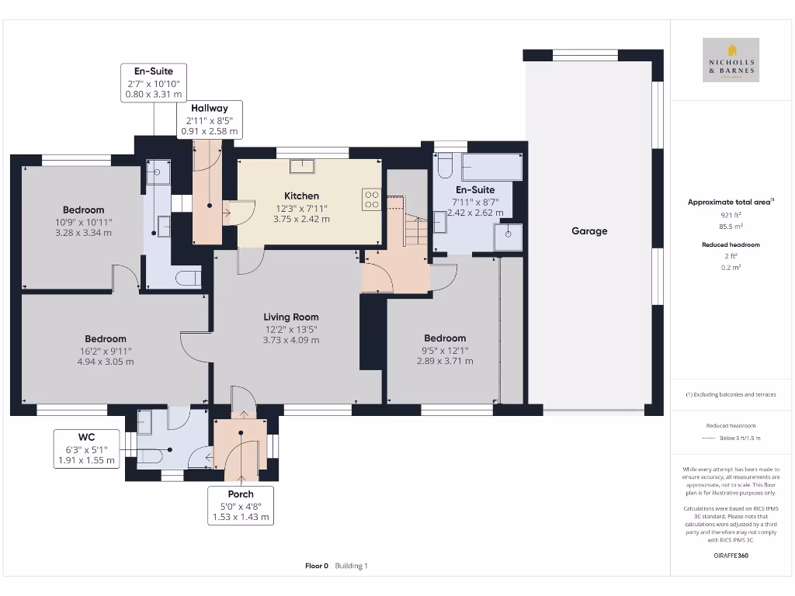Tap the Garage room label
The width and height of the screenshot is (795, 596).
(589, 230)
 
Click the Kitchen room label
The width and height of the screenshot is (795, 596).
(301, 196)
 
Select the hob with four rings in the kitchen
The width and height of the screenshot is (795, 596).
(371, 199)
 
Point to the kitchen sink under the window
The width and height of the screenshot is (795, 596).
(301, 165)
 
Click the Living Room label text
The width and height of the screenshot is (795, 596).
(291, 317)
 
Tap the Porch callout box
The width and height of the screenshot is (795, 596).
(241, 505)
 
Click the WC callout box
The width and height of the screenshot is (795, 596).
(86, 449)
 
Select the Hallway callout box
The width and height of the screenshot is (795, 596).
(210, 120)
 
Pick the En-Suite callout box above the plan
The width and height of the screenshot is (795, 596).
(154, 83)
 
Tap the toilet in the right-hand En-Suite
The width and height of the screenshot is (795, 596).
(445, 166)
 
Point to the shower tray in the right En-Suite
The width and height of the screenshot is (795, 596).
(509, 238)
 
